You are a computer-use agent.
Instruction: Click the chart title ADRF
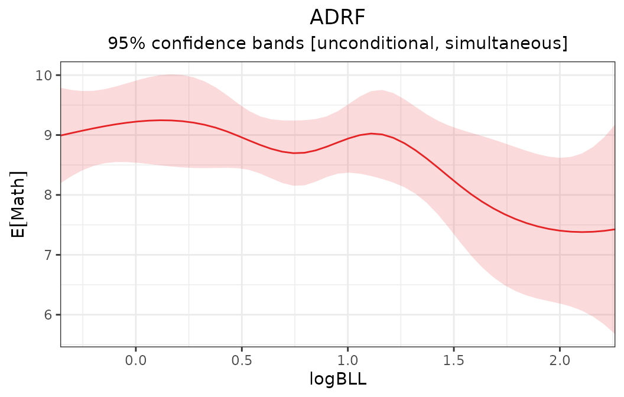click(337, 18)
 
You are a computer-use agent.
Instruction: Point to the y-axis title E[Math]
click(19, 204)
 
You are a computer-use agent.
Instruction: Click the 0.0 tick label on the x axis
click(136, 359)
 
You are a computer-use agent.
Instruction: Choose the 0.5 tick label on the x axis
click(242, 359)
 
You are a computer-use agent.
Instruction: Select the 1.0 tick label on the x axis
click(347, 359)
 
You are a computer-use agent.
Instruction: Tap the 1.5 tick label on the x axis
click(454, 359)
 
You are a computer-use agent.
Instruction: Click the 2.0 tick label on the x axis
click(560, 359)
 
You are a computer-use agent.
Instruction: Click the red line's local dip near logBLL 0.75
click(295, 153)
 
